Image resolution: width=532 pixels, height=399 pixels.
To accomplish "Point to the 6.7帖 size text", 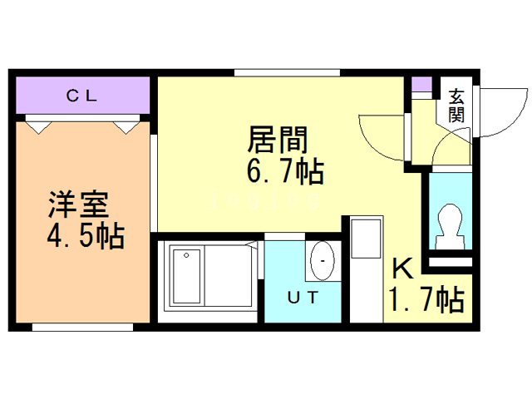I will pos(284,172).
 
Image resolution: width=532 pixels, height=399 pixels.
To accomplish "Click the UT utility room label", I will pos(302,297).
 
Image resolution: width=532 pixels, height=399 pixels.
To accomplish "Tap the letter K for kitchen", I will pos(402,269).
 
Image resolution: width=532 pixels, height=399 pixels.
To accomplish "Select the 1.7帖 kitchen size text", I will pos(425,299).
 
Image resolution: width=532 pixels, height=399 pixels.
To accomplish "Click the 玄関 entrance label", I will pos(456,106).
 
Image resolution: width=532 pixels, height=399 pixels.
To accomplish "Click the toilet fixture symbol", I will pos(450,224).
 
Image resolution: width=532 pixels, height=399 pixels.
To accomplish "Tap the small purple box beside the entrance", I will pos(422,84).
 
